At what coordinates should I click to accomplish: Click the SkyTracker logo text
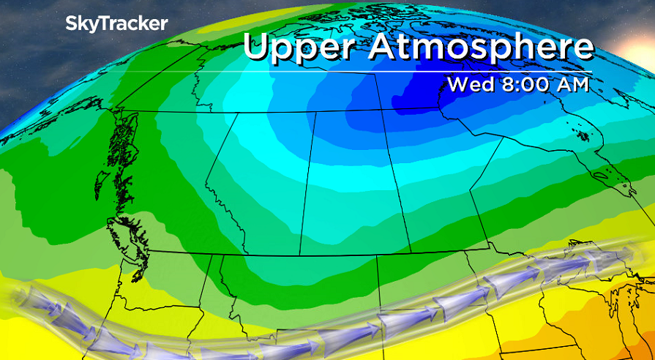(117, 23)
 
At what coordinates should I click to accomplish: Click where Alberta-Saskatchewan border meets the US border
(300, 255)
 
